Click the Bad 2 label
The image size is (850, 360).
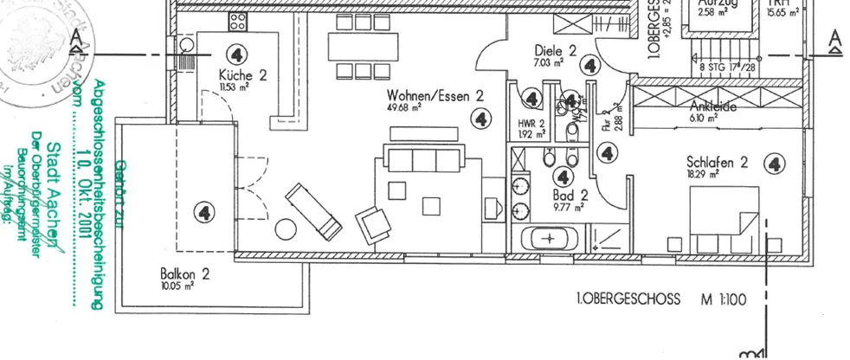[572, 195]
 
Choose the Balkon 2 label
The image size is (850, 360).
[185, 273]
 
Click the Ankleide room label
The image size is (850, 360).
[712, 107]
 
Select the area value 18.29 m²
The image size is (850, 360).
[703, 174]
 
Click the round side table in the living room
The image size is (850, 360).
[285, 229]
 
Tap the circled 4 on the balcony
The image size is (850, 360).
[204, 211]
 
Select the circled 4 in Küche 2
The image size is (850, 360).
[236, 52]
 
